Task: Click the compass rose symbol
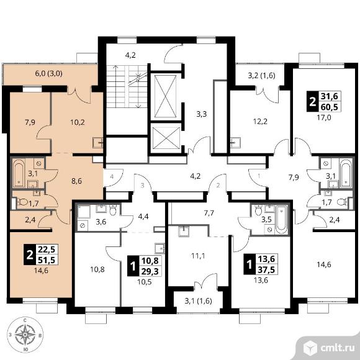[x=25, y=335]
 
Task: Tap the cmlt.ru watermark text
[x=337, y=348]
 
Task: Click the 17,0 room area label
[x=324, y=118]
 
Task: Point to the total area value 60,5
[x=330, y=107]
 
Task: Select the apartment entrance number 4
[x=112, y=177]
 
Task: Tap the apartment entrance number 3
[x=142, y=186]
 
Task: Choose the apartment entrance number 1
[x=259, y=176]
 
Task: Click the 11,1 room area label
[x=198, y=256]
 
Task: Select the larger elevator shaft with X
[x=165, y=96]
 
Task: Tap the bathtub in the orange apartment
[x=19, y=173]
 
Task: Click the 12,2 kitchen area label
[x=260, y=121]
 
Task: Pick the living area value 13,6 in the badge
[x=266, y=259]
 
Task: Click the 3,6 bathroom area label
[x=101, y=222]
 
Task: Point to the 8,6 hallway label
[x=77, y=181]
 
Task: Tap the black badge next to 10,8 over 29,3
[x=132, y=266]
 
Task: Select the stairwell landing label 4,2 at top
[x=130, y=55]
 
